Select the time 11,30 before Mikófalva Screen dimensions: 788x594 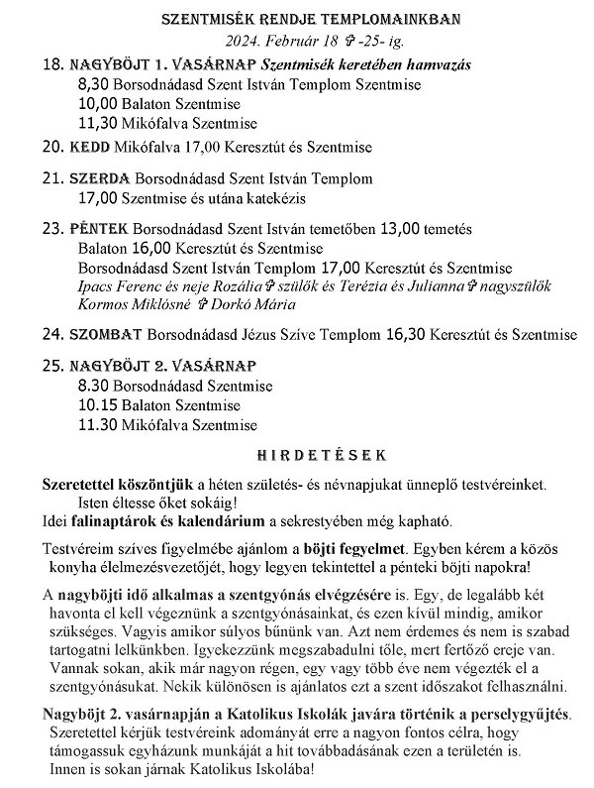pos(96,124)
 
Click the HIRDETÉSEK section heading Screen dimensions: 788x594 pos(298,454)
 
